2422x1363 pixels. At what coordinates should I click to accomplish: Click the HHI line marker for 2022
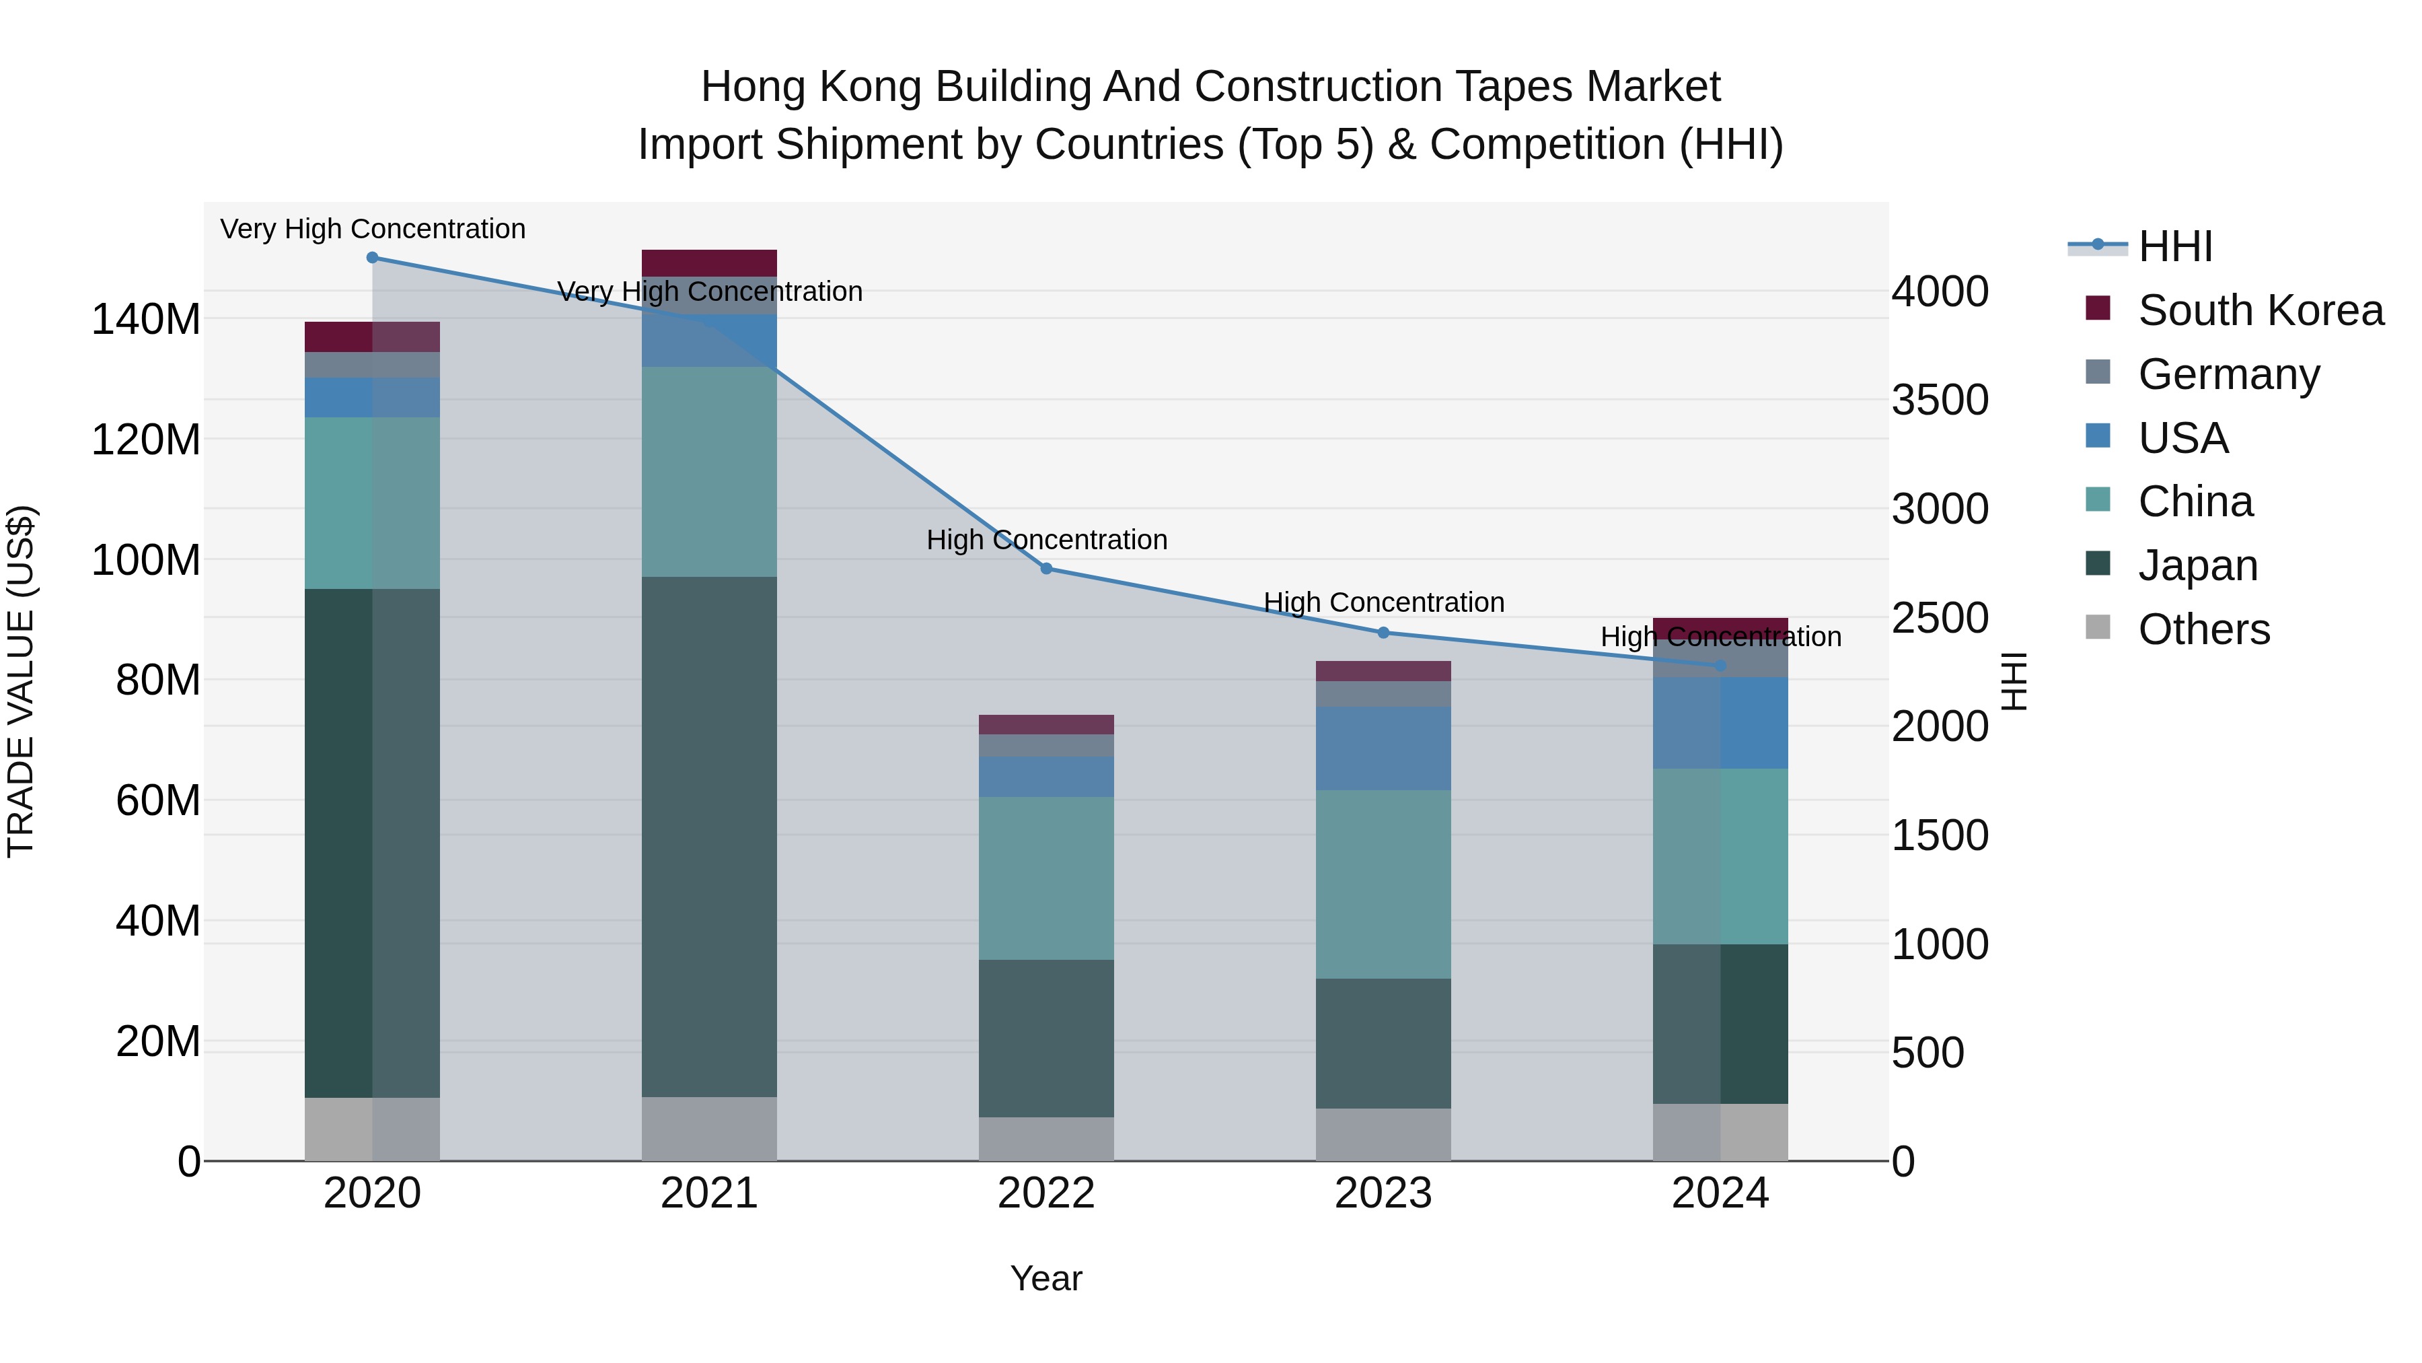1045,568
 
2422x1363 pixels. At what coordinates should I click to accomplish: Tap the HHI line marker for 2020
372,257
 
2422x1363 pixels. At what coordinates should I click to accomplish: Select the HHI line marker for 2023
1383,633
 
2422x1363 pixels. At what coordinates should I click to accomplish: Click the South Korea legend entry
2259,310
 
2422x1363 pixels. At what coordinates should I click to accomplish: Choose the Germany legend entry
2228,374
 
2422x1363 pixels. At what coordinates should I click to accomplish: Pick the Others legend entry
2203,629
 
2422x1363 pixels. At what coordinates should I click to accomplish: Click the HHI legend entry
2174,246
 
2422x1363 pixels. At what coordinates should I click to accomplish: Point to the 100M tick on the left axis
146,561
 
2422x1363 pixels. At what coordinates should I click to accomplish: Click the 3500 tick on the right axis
1940,400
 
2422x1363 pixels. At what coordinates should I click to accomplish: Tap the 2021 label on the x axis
709,1193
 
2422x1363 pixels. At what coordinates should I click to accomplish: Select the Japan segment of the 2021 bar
709,837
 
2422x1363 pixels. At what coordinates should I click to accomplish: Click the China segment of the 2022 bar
1045,878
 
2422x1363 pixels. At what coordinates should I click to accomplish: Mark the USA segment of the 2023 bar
1383,748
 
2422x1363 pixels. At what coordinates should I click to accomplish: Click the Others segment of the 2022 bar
1045,1139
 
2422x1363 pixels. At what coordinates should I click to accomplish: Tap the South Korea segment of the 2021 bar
709,263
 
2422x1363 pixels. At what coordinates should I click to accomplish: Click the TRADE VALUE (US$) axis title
21,681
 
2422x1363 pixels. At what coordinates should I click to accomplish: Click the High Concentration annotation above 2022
1045,540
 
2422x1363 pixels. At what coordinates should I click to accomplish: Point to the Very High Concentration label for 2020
372,230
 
